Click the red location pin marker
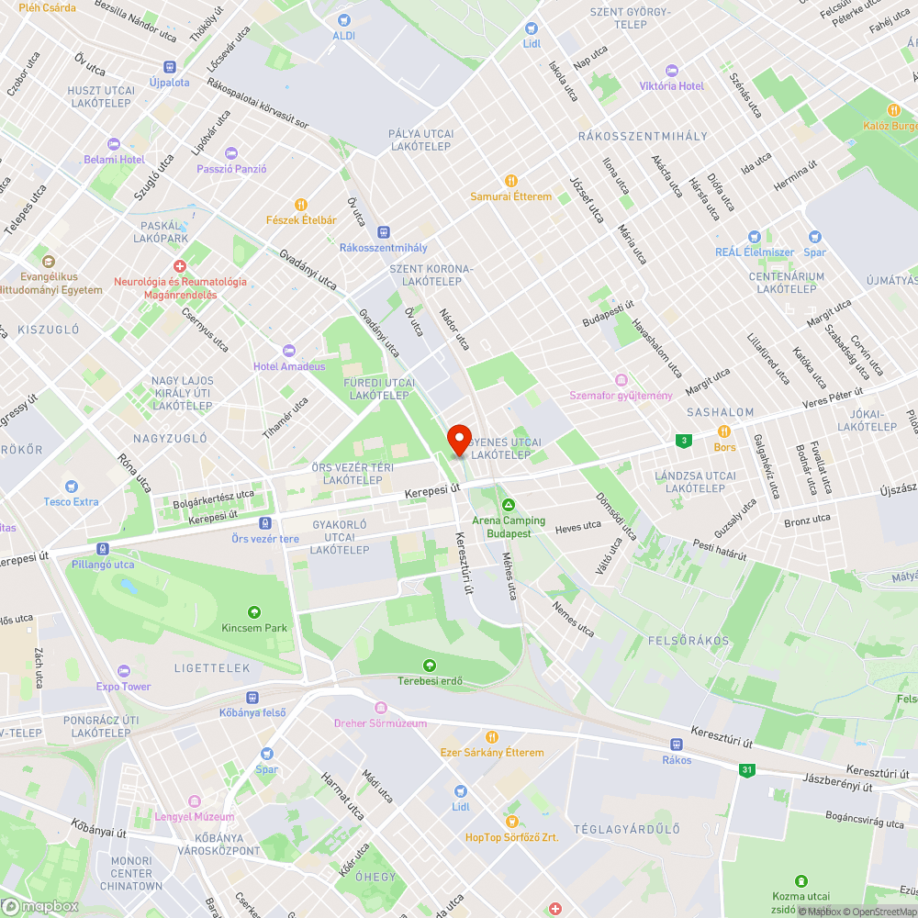point(458,439)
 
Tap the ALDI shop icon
point(344,20)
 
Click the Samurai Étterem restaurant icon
point(512,181)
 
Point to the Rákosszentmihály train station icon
point(384,232)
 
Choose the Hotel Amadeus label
point(289,366)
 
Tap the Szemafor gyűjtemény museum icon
point(621,380)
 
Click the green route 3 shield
point(683,441)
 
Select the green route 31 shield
point(747,770)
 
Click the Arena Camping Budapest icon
point(508,504)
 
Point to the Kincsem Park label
point(254,628)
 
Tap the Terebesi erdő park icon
point(429,666)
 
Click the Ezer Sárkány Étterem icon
point(492,736)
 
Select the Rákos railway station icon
point(676,744)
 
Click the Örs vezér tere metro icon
point(264,522)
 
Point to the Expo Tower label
point(124,686)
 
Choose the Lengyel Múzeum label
point(195,816)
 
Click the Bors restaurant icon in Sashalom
point(724,431)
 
